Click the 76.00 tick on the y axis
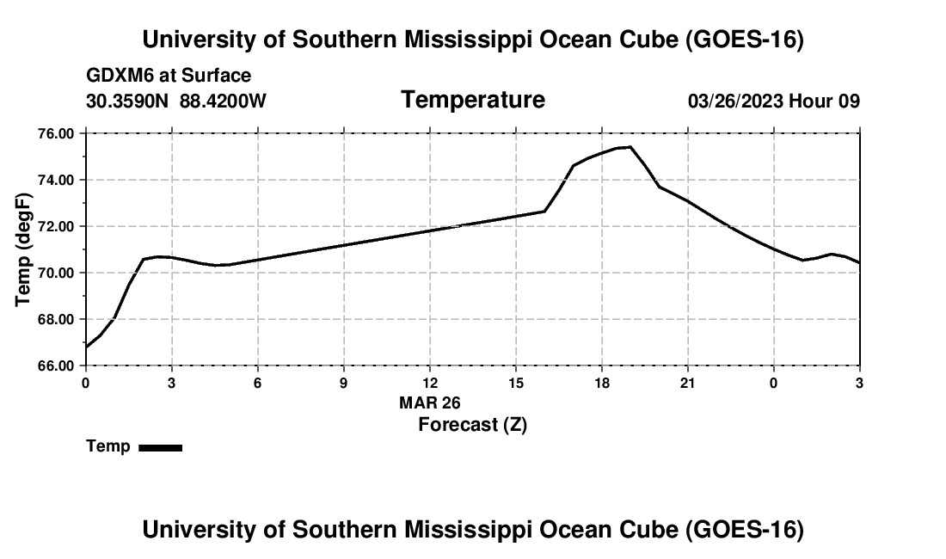point(56,133)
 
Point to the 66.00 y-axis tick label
point(56,366)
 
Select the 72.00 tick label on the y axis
point(56,227)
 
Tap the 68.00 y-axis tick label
point(56,320)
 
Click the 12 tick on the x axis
point(429,383)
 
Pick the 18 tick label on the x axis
point(601,383)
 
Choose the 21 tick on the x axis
point(688,383)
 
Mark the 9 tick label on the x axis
point(344,383)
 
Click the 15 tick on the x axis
point(516,383)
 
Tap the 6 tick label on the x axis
point(258,383)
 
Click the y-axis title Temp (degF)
point(23,249)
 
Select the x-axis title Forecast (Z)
point(472,425)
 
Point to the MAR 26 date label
point(429,402)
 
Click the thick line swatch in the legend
point(161,447)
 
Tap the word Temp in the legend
point(108,446)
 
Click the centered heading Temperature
point(473,100)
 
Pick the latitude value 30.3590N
point(127,101)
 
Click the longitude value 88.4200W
point(223,101)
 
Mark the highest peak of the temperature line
point(630,146)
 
